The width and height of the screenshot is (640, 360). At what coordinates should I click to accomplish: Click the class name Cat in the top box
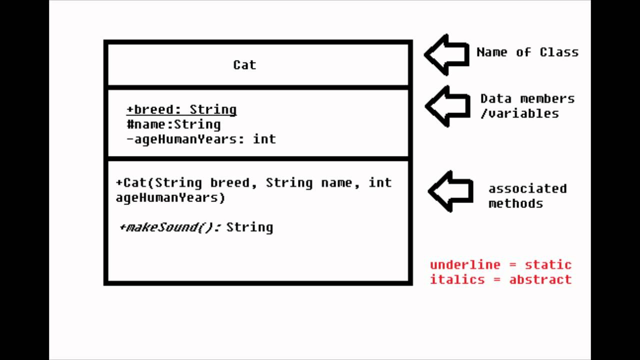point(244,65)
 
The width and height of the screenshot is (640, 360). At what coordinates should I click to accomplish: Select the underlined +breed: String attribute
point(181,109)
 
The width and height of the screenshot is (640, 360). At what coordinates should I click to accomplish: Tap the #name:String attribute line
point(173,124)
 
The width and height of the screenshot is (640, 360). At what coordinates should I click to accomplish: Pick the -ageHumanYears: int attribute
point(201,139)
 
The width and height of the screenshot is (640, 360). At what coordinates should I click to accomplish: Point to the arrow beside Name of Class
point(446,54)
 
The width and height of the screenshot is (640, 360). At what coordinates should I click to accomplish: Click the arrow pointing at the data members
point(447,106)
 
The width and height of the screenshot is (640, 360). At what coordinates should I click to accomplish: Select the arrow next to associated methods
point(450,191)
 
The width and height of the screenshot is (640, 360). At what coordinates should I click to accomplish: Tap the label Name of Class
point(527,52)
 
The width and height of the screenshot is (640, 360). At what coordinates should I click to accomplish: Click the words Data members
point(527,98)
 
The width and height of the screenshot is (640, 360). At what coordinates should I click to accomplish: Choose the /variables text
point(519,113)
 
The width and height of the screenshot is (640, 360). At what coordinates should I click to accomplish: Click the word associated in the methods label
point(527,188)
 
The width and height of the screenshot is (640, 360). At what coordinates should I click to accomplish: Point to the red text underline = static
point(500,264)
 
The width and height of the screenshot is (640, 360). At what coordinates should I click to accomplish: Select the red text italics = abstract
point(500,279)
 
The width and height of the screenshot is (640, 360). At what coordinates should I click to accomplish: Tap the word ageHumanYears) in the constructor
point(170,197)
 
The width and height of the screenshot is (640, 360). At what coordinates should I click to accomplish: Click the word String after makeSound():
point(249,227)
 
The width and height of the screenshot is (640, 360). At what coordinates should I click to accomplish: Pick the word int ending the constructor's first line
point(380,182)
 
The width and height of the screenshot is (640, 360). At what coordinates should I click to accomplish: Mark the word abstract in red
point(540,279)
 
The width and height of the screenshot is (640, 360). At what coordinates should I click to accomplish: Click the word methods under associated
point(515,203)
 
